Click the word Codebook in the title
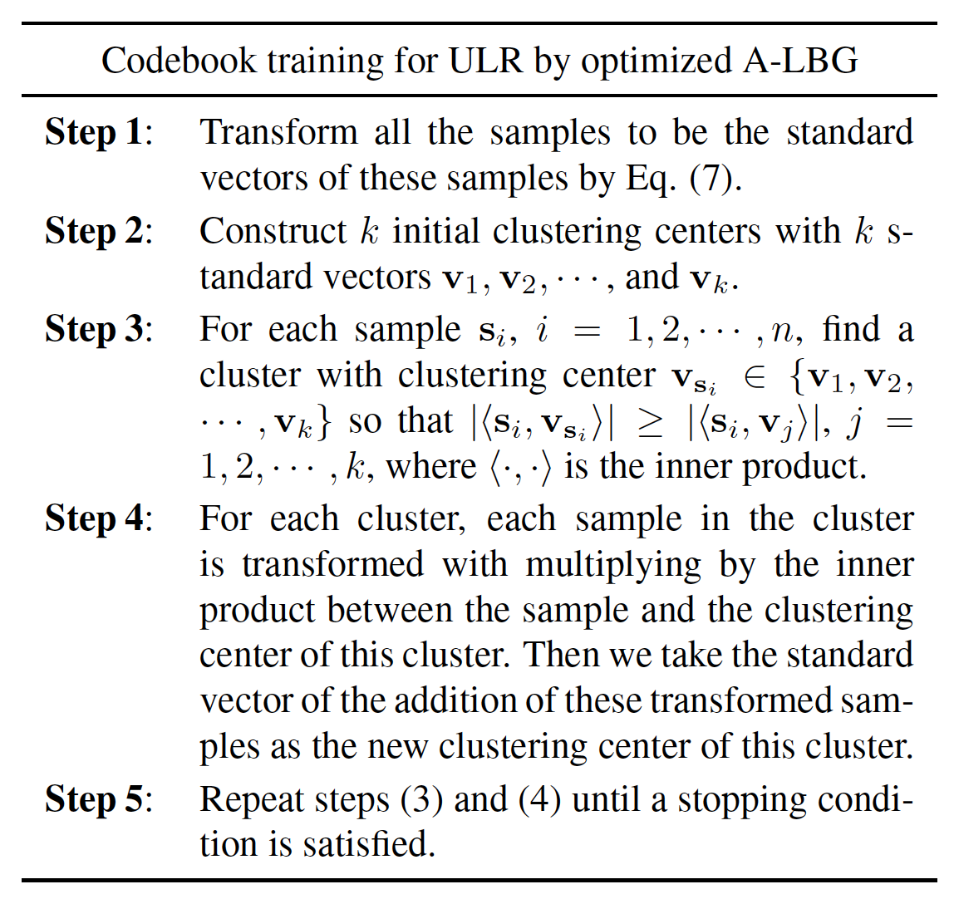click(179, 61)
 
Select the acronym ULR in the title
click(486, 61)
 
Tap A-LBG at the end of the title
click(800, 61)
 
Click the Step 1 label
click(99, 132)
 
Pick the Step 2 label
click(99, 231)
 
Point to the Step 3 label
click(99, 329)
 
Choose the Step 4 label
click(99, 518)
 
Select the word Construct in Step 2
click(273, 231)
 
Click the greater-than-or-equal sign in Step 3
click(651, 422)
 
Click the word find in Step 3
click(851, 329)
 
